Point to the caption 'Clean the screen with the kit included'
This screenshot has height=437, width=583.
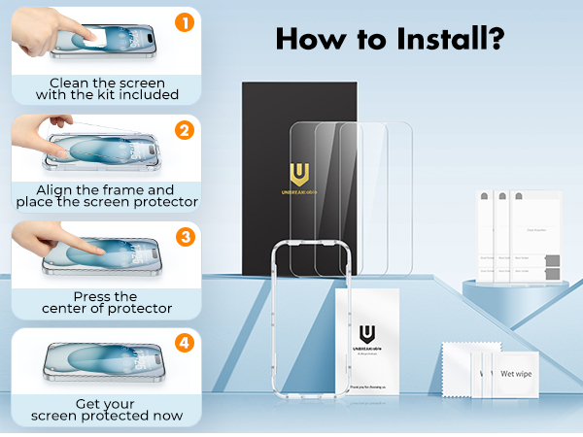pyautogui.click(x=107, y=89)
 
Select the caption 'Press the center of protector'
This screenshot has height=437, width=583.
pyautogui.click(x=106, y=303)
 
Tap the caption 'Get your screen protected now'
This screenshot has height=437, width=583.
pyautogui.click(x=106, y=410)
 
